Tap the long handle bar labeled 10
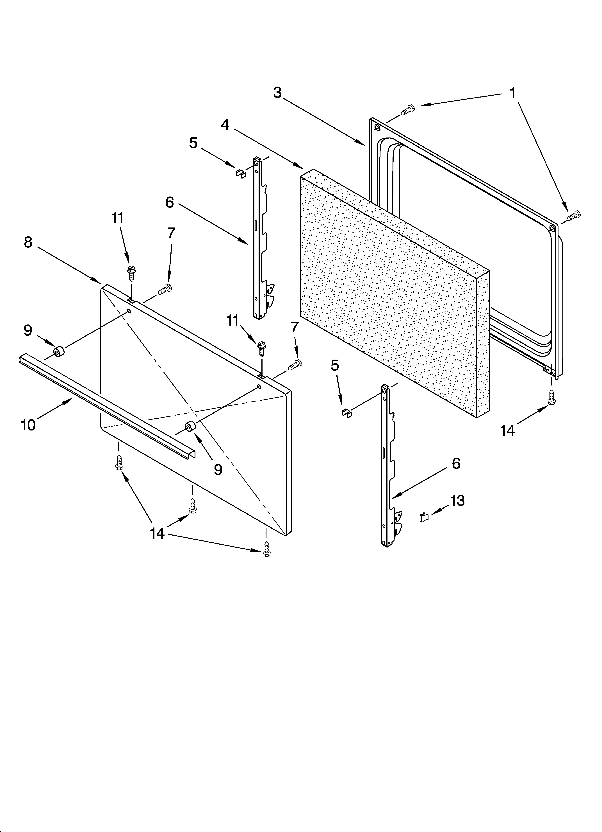106,405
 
